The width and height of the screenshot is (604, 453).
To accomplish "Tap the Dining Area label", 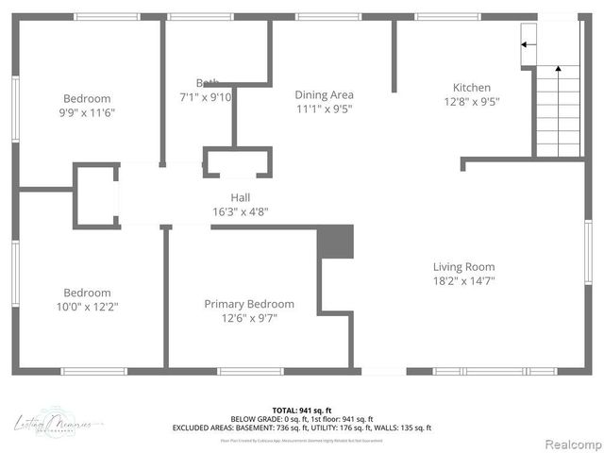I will coord(324,94).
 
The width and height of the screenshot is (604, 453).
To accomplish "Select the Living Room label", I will coord(463,266).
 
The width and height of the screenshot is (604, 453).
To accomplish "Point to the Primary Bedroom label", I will coord(249,304).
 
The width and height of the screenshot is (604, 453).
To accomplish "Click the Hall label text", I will coord(241,197).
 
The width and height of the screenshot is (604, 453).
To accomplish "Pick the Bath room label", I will coord(208,83).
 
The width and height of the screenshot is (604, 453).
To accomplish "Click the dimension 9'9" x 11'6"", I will coord(87,112).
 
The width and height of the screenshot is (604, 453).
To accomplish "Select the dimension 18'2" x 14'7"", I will coord(463,280).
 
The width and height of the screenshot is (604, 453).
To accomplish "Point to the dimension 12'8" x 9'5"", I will coord(471,101).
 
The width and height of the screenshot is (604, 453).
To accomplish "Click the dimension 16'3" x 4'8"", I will coord(241,211).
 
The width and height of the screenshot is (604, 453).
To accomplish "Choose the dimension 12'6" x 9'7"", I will coord(249,318).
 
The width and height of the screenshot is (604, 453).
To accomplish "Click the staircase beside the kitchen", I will coord(558,109).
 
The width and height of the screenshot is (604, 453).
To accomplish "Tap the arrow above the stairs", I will coord(529,43).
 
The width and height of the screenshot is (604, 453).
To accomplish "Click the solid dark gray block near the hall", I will coord(334,242).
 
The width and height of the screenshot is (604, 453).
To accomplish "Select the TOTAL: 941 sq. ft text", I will coord(301,411).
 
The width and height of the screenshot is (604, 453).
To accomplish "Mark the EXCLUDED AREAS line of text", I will coord(301,428).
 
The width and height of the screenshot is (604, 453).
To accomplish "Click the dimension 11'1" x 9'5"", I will coord(324,109).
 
